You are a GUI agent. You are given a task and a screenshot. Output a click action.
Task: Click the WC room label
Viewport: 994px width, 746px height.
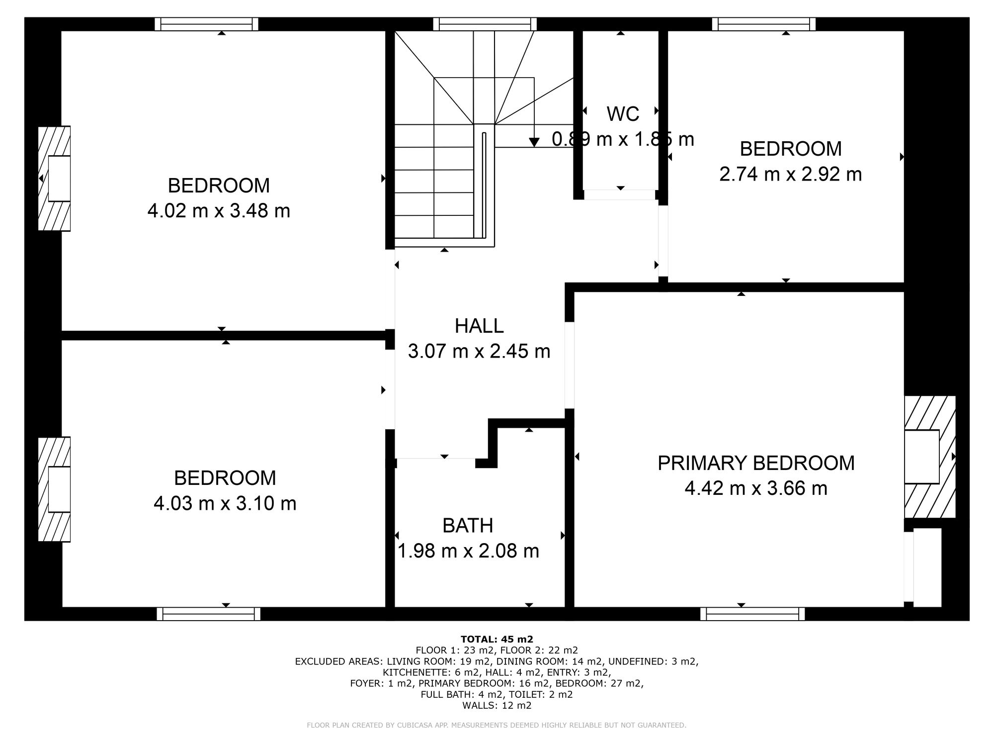click(623, 114)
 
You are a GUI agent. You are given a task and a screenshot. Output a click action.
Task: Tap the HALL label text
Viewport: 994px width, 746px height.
click(479, 326)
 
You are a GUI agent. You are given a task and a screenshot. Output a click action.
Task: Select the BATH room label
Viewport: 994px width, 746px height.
click(468, 525)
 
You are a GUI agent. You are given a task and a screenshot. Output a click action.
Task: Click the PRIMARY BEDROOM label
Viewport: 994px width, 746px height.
click(756, 463)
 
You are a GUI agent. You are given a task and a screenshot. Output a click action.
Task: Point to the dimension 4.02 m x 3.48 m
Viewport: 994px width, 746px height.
click(219, 211)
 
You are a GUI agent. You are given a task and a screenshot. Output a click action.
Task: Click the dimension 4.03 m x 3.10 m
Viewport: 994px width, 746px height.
click(225, 503)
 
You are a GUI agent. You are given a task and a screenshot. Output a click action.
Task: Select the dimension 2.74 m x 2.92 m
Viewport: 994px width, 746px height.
click(791, 174)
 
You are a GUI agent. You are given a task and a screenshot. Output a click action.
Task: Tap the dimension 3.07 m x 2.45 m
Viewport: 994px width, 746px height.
click(479, 351)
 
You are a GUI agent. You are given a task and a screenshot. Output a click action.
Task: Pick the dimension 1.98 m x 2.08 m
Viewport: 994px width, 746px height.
click(468, 551)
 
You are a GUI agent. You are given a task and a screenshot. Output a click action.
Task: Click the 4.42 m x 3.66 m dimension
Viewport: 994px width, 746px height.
click(756, 488)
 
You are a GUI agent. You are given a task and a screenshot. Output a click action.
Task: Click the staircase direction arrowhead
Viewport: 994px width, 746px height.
click(534, 142)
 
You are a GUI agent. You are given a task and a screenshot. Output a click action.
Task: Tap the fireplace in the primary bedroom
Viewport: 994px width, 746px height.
click(930, 457)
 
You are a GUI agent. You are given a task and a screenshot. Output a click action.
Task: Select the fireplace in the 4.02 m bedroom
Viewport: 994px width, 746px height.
click(55, 178)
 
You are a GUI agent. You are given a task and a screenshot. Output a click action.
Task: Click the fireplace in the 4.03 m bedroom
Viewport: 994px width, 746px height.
click(55, 489)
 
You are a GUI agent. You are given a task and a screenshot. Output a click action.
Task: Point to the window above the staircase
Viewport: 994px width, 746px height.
click(485, 24)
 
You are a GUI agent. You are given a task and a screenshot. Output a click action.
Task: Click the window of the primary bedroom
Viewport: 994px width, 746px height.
click(752, 614)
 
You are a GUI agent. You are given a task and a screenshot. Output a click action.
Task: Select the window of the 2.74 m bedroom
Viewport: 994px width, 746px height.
click(764, 24)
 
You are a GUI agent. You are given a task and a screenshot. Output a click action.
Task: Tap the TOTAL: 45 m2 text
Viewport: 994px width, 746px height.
click(497, 639)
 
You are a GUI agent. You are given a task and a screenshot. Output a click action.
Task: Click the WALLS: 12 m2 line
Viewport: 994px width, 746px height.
click(497, 705)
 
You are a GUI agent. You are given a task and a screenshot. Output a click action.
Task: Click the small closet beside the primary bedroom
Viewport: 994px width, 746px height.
click(927, 567)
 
